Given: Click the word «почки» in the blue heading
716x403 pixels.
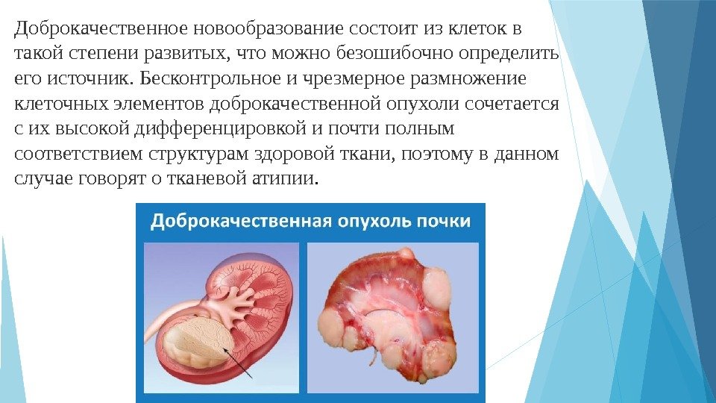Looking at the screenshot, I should coord(444,222).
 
